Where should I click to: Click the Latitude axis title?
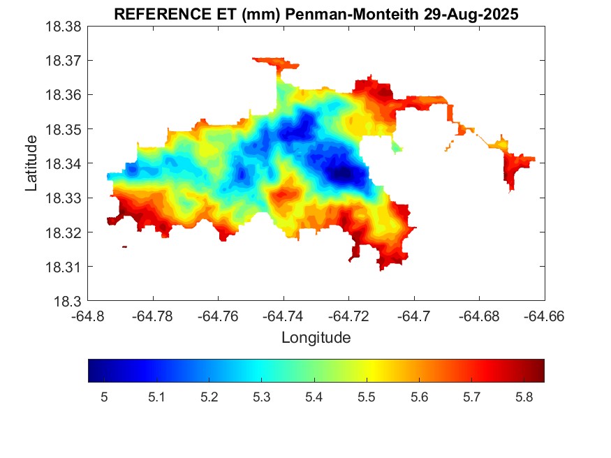[31, 164]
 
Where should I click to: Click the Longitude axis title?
[316, 338]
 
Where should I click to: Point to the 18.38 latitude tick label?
[64, 27]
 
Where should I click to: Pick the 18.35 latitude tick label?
[64, 130]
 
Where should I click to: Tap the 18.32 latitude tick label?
[64, 232]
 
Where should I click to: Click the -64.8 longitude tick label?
[89, 316]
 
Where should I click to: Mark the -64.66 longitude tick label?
[544, 316]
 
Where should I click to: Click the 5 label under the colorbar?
[104, 398]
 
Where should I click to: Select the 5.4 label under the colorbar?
[314, 398]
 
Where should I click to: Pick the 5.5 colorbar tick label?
[366, 398]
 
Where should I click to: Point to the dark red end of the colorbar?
[540, 371]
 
